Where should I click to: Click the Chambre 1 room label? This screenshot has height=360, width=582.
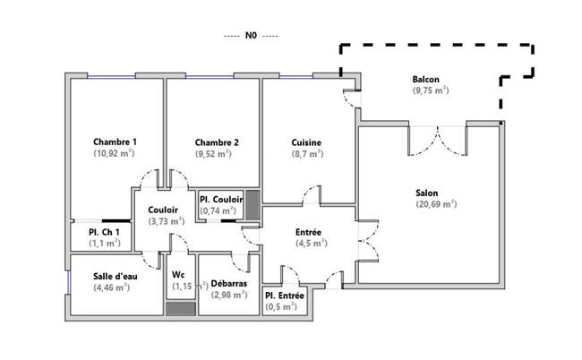click(x=115, y=141)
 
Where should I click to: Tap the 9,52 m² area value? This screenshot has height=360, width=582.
click(x=213, y=154)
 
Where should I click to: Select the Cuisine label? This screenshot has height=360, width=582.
click(x=306, y=142)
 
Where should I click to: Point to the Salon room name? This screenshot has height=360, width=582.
click(x=426, y=193)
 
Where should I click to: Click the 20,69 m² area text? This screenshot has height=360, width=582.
click(x=436, y=204)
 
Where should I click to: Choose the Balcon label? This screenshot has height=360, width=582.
click(x=425, y=80)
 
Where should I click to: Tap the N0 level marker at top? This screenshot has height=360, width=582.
click(x=251, y=36)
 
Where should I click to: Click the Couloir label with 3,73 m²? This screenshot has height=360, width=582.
click(x=163, y=210)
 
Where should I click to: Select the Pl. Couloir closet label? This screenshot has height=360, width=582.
click(x=221, y=200)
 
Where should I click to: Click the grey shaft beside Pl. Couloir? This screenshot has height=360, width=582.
click(x=252, y=205)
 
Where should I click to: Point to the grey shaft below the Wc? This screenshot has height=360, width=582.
click(x=180, y=309)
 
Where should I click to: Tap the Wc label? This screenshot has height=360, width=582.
click(x=178, y=275)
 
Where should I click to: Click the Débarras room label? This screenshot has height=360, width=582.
click(x=229, y=284)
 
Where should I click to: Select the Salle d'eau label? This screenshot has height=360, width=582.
click(x=116, y=277)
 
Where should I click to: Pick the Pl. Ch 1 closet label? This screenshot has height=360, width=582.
click(x=104, y=232)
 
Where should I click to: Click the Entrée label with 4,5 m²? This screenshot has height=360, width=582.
click(x=308, y=232)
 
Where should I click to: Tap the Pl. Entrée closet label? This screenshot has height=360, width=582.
click(x=285, y=296)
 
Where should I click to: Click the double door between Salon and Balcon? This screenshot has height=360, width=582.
click(x=438, y=141)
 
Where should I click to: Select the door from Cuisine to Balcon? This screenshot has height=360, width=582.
click(x=352, y=99)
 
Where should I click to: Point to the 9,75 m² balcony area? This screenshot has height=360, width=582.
click(x=431, y=90)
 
